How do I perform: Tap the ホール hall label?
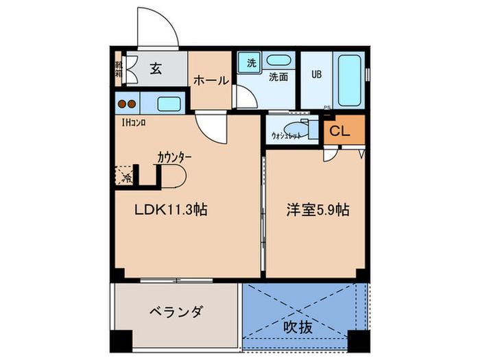211,80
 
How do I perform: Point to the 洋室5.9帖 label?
317,210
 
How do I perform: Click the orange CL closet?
341,131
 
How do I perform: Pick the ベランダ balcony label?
176,312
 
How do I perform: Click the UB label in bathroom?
317,73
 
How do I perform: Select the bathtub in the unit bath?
349,80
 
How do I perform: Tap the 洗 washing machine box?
251,62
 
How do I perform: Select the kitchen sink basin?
169,104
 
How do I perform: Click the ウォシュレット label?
286,136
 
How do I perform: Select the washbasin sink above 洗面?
278,60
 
